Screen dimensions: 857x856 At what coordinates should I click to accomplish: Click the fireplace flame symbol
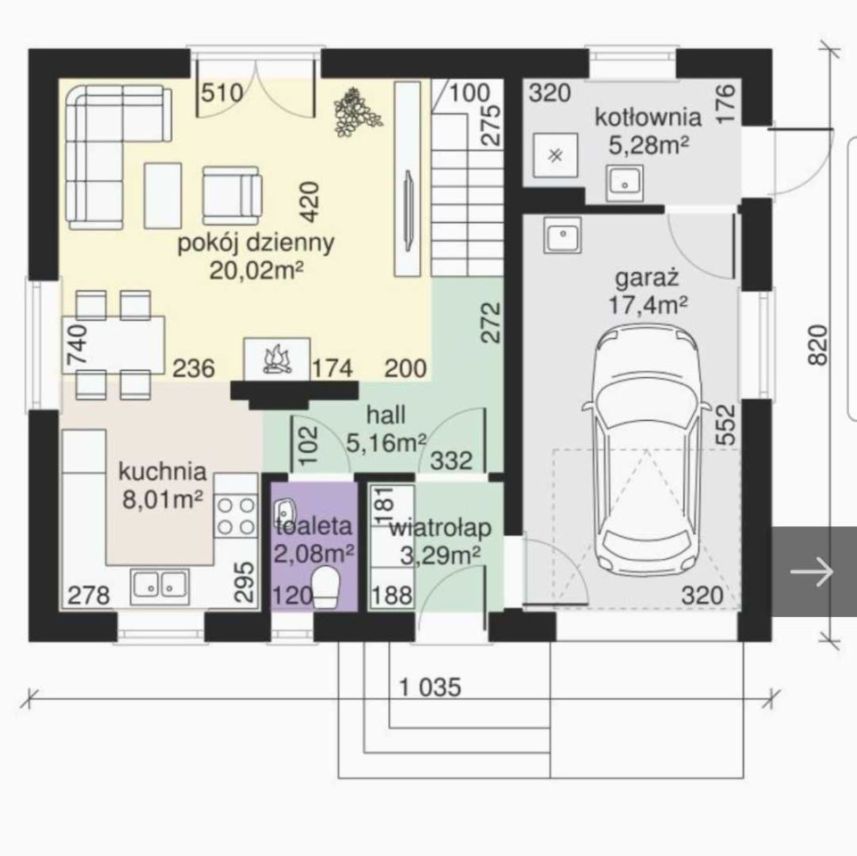(x=276, y=360)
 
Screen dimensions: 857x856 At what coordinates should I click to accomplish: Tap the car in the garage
(x=647, y=450)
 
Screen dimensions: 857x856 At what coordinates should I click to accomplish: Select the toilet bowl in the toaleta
(x=327, y=587)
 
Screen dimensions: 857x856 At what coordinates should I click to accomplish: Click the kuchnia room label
(x=163, y=471)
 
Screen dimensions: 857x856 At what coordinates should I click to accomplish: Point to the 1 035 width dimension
(x=430, y=687)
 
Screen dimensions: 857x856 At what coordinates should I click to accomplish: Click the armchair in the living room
(x=232, y=195)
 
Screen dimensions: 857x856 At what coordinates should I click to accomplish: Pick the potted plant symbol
(x=357, y=112)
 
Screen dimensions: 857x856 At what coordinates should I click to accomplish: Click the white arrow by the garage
(x=812, y=572)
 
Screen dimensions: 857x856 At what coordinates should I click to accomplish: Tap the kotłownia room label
(x=647, y=117)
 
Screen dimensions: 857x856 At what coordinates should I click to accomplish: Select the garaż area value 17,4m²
(x=647, y=304)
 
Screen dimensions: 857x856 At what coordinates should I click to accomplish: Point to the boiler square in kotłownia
(x=556, y=155)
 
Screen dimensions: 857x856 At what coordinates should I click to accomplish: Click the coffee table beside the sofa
(x=163, y=195)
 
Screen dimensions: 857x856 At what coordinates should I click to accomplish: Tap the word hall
(x=386, y=415)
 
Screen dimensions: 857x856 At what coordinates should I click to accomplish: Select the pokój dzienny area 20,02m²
(x=256, y=270)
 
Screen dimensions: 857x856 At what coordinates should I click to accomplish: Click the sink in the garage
(x=562, y=235)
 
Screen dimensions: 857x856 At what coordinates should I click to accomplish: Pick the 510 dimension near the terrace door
(x=222, y=93)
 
